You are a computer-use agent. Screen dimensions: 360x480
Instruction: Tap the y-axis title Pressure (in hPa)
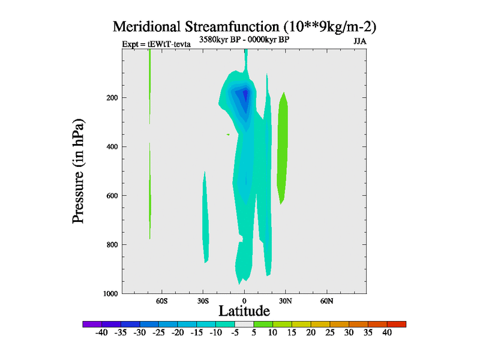tap(78, 172)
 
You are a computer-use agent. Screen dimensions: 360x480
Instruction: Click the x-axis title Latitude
tap(244, 311)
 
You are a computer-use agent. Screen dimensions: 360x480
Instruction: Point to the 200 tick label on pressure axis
tap(110, 98)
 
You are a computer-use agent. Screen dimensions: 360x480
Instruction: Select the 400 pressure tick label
tap(110, 146)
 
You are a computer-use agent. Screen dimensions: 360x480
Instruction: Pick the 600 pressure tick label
tap(110, 196)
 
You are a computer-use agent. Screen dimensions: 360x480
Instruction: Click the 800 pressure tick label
tap(110, 244)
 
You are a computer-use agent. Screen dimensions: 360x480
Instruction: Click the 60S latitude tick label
tap(162, 300)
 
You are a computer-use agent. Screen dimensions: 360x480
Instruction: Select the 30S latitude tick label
tap(203, 300)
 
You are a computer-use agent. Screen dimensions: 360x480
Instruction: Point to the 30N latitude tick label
tap(285, 300)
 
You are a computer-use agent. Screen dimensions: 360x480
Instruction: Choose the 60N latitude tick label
tap(326, 300)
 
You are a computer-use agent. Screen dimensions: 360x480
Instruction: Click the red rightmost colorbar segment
tap(397, 324)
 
